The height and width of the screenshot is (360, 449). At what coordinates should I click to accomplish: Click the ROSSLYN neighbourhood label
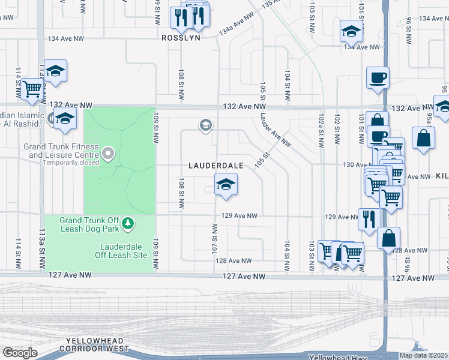tap(180, 37)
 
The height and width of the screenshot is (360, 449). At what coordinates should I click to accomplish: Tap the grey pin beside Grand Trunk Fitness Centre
tap(108, 154)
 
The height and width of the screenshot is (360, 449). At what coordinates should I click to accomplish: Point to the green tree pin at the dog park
tap(127, 224)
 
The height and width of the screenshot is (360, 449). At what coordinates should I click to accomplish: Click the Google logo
tap(20, 352)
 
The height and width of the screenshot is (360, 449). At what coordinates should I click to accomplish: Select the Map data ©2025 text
tap(423, 355)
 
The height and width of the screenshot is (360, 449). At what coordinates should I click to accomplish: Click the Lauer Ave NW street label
tap(276, 132)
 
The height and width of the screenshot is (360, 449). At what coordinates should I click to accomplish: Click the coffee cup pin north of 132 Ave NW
tap(378, 78)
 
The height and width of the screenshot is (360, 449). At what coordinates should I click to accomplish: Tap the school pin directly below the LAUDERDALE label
tap(226, 184)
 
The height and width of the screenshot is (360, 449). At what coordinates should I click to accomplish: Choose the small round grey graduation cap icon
tap(205, 125)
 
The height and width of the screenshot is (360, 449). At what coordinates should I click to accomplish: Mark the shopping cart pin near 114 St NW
tap(32, 89)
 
